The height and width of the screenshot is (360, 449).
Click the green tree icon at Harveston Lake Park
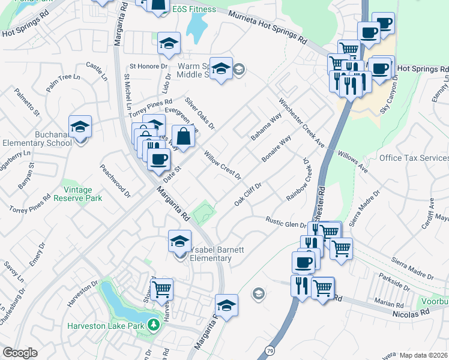pos(154,325)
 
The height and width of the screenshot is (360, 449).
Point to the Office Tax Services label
pos(414,158)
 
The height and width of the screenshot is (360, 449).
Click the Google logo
pos(20,353)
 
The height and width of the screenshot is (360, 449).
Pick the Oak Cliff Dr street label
pos(248,194)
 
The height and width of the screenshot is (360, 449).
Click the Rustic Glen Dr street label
pos(286,222)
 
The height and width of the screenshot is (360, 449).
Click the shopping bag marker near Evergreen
pos(184,136)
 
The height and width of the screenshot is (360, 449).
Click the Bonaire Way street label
pos(276,148)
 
